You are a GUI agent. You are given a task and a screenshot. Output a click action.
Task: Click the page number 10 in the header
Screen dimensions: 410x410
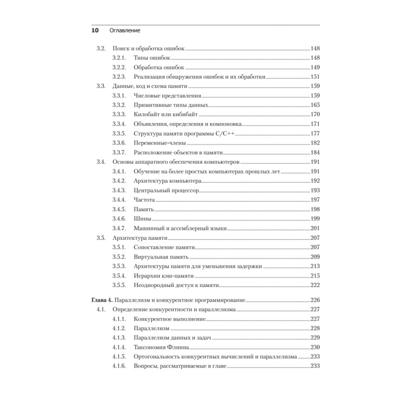pos(95,31)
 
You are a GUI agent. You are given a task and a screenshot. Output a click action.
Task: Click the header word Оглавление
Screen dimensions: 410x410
pos(125,31)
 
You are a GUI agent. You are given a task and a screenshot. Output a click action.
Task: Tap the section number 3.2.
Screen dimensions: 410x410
pos(101,48)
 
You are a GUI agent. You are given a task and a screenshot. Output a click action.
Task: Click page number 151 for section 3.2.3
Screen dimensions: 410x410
pos(315,77)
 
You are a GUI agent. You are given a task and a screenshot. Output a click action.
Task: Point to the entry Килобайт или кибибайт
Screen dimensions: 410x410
pos(166,114)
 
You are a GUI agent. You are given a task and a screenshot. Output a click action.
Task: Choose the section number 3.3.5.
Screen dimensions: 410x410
pos(118,133)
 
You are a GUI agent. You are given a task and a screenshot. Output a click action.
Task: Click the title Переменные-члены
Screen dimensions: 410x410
pos(160,143)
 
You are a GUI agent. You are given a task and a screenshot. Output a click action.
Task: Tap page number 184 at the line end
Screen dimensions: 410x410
pos(315,152)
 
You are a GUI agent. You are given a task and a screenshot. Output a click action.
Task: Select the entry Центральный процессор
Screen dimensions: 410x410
pos(166,191)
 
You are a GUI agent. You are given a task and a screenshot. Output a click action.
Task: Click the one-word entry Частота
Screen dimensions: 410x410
pos(144,200)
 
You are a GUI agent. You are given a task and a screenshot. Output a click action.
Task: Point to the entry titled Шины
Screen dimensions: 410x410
pos(142,219)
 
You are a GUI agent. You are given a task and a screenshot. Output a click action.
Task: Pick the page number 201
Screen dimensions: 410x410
pos(315,228)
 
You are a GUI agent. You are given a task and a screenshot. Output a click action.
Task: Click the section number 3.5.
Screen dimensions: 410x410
pos(101,238)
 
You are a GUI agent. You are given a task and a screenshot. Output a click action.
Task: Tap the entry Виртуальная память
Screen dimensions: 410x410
pos(161,257)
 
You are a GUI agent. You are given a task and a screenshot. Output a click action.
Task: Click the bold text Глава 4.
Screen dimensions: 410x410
pos(101,300)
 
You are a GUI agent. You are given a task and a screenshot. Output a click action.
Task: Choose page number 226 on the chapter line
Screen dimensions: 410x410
pos(315,300)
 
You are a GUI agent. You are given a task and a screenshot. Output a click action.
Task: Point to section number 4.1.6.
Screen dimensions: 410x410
pos(118,366)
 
